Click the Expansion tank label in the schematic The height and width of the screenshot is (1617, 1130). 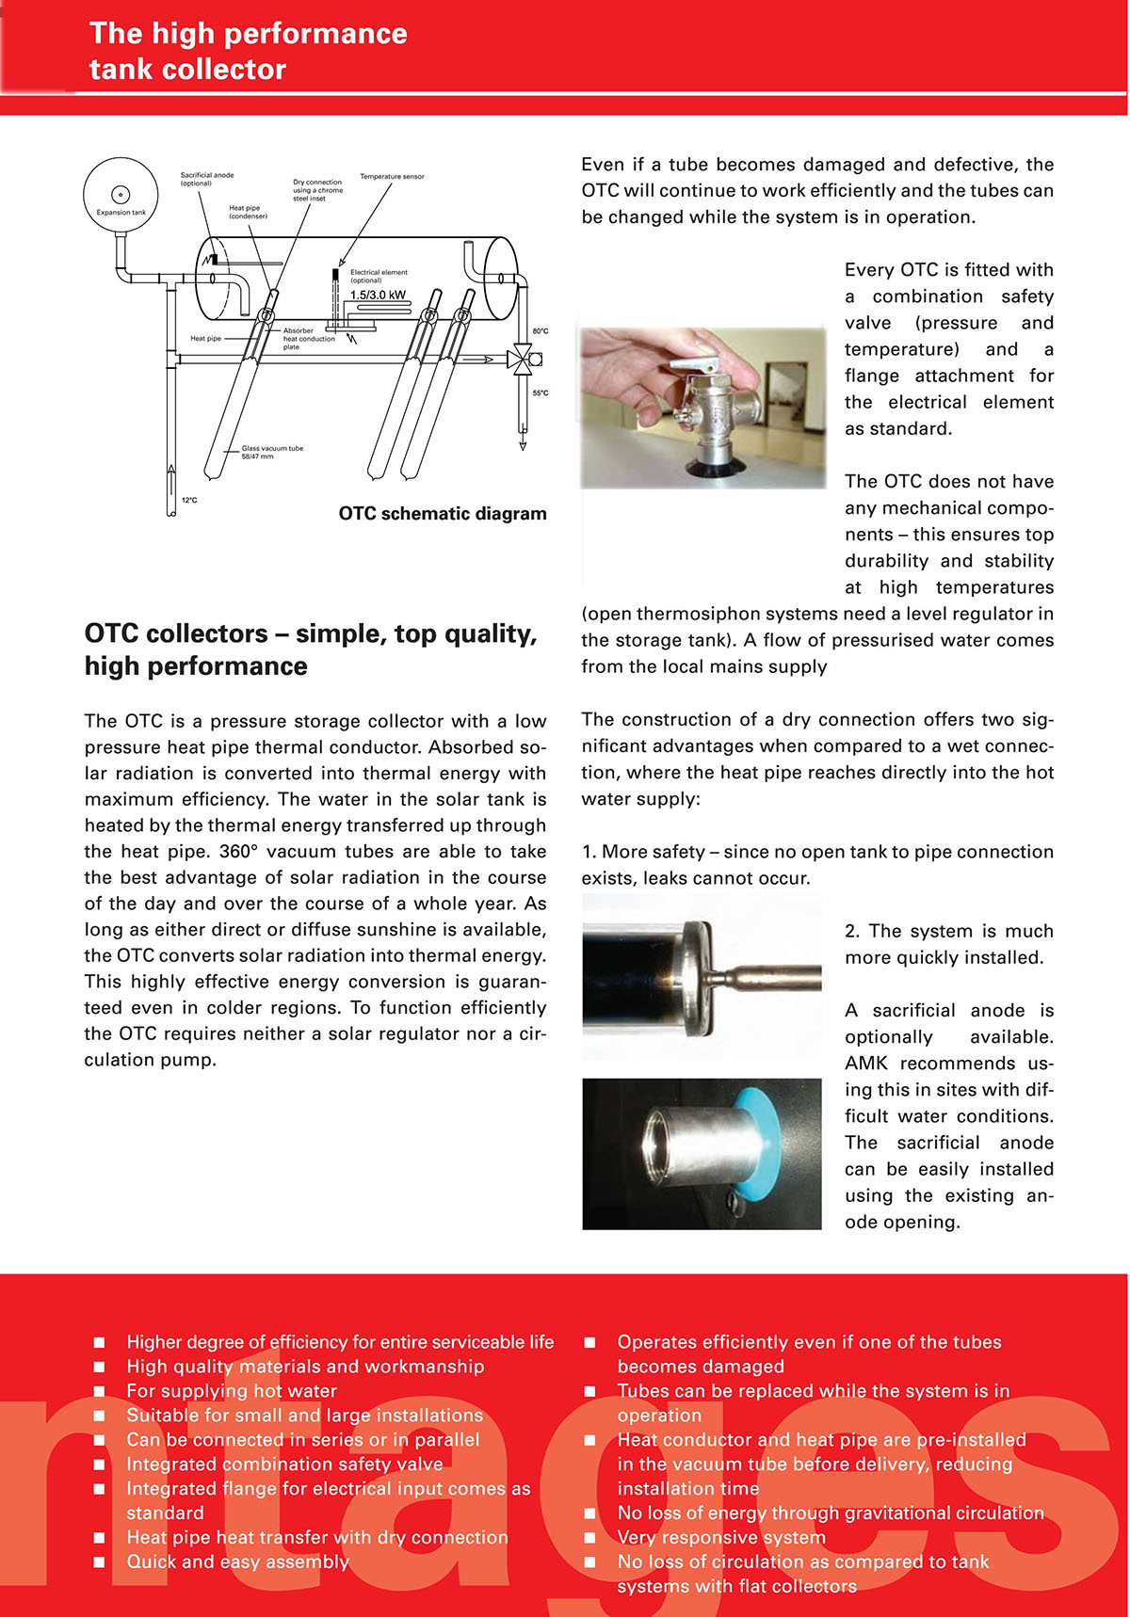pos(121,213)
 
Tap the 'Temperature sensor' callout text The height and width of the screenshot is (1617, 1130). pos(392,177)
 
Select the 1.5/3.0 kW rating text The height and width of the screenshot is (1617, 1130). pos(378,296)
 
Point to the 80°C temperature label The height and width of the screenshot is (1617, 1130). pos(540,331)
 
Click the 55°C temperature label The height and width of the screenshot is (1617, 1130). pos(540,393)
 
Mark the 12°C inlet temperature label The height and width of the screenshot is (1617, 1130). pos(189,501)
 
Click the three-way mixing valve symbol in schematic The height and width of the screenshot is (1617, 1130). pos(520,359)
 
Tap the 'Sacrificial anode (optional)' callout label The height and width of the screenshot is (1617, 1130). pos(206,179)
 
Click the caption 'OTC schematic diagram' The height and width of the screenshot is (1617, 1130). pos(443,514)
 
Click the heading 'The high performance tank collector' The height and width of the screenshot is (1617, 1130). pos(248,51)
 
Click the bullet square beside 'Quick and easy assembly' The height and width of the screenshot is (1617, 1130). pos(99,1562)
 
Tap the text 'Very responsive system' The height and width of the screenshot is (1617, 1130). pos(721,1538)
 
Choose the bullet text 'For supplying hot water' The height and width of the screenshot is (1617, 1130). pos(232,1391)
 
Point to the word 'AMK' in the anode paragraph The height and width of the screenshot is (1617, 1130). pos(865,1064)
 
